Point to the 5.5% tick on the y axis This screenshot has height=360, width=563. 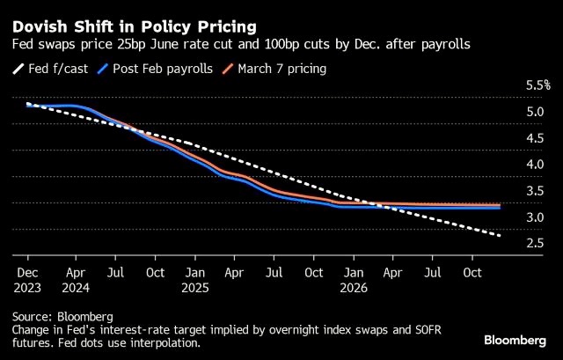[x=537, y=85]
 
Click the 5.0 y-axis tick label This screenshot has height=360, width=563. [x=534, y=112]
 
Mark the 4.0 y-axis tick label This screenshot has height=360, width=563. [x=534, y=165]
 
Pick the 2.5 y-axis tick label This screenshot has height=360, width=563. [x=534, y=243]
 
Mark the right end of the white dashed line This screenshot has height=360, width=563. [x=501, y=235]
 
